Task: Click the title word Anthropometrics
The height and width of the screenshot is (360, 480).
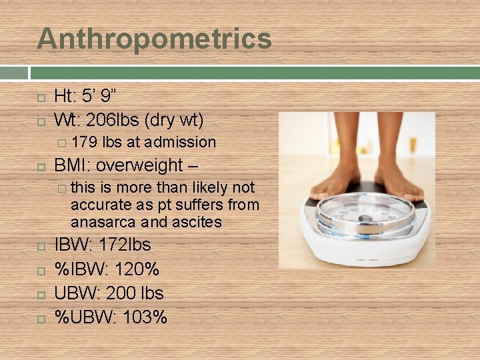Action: click(x=154, y=39)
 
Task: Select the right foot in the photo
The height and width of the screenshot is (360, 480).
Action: click(x=398, y=177)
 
